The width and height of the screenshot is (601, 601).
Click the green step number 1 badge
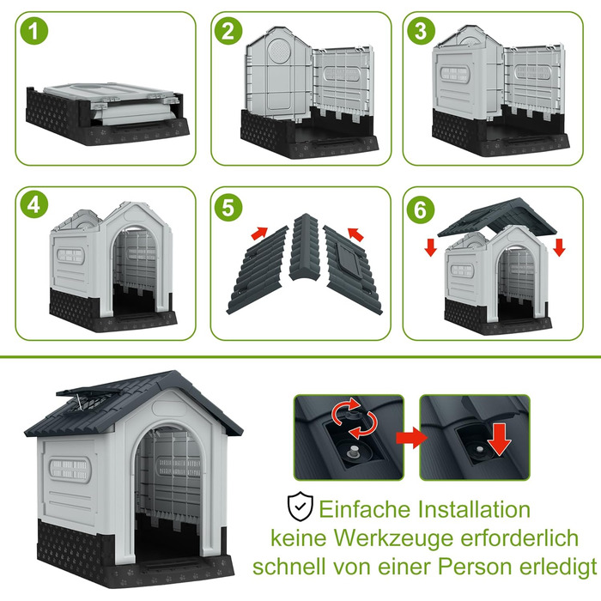point(34,31)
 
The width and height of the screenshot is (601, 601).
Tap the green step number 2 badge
point(228,31)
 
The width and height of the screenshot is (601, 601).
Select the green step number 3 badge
point(421,31)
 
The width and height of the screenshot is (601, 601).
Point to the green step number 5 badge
point(228,208)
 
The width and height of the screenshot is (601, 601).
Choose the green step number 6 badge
point(421,209)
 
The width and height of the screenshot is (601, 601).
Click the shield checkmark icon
point(300,506)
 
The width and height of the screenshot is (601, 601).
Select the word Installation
point(474,509)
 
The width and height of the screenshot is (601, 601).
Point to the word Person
point(472,567)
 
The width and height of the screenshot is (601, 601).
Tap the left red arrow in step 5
point(259,233)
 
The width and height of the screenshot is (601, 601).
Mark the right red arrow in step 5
point(355,234)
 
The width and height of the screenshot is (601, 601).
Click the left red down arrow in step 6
point(431,247)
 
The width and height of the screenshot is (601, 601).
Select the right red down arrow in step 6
point(559,247)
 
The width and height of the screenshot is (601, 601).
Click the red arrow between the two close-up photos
point(411,437)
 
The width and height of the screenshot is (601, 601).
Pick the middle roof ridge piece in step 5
point(305,247)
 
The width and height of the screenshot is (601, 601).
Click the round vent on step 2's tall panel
point(279,51)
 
